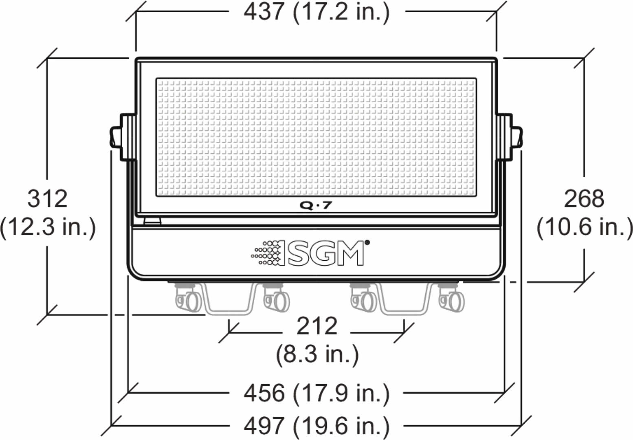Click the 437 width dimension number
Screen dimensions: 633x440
(264, 12)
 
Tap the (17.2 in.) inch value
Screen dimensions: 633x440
(341, 13)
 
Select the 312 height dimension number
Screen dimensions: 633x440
(48, 199)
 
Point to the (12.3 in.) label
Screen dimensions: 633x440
(48, 227)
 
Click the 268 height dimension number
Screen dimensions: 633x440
(584, 199)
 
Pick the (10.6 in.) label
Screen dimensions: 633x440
(585, 227)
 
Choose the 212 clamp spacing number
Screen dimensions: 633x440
(317, 326)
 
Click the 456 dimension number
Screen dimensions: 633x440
(264, 393)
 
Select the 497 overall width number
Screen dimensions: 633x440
(264, 426)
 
